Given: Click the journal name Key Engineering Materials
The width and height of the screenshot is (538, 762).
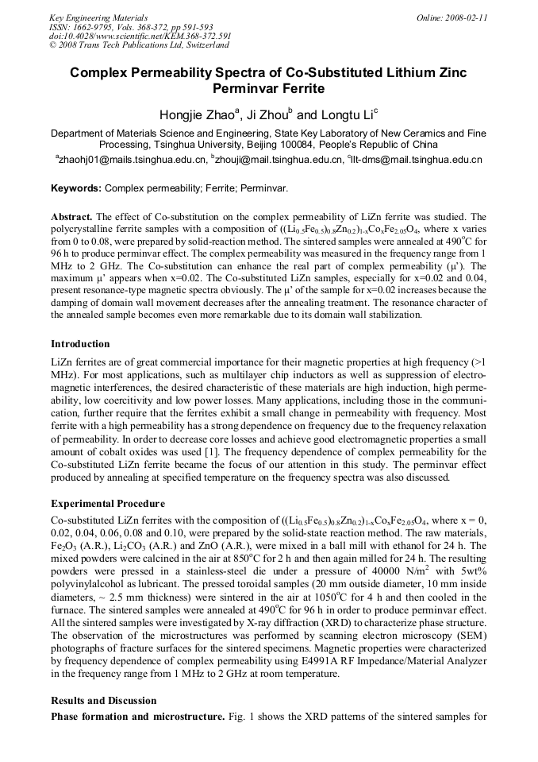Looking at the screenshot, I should coord(100,17).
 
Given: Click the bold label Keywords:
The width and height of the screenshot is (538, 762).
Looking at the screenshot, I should coord(76,188).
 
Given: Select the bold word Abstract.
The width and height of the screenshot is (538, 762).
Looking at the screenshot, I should coord(71,217).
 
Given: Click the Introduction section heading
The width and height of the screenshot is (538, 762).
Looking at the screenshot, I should coord(80,344).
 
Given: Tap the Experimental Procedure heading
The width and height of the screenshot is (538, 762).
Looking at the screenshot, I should coord(108,504).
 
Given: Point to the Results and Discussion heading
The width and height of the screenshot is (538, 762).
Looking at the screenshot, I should coord(104,701).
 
